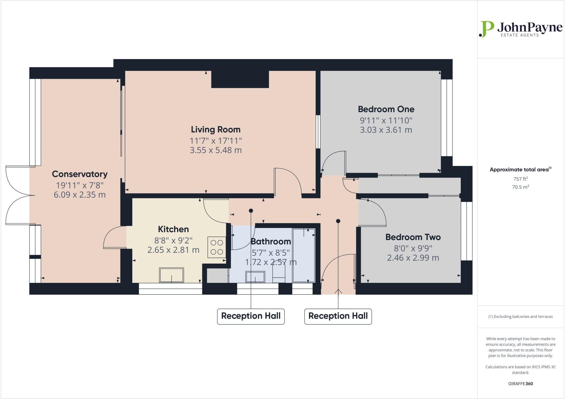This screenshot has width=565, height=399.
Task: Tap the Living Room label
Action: tap(215, 129)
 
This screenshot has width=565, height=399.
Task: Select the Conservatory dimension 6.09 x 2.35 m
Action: tap(79, 195)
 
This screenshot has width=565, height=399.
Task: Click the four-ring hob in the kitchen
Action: tap(217, 247)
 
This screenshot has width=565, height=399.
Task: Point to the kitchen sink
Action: tap(171, 275)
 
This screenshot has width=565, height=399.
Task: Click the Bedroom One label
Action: tap(386, 109)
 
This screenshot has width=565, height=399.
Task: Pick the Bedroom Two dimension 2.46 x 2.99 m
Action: tap(413, 258)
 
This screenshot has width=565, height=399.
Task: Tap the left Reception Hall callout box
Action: tap(250, 316)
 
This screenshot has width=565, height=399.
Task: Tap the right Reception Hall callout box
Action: tap(338, 316)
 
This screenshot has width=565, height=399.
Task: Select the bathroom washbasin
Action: tap(255, 277)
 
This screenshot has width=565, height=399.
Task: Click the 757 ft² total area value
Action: tap(520, 179)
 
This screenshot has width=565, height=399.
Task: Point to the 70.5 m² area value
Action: tap(520, 187)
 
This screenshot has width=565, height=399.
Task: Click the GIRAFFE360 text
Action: tap(520, 384)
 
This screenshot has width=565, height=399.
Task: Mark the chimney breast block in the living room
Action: tap(240, 79)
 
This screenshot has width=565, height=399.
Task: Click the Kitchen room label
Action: tap(173, 229)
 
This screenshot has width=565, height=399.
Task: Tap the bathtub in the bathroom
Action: tap(303, 255)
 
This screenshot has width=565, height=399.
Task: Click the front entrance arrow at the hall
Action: tap(338, 291)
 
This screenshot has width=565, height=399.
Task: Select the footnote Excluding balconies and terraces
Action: tap(520, 316)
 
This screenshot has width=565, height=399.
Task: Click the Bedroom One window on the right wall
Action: tap(446, 118)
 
